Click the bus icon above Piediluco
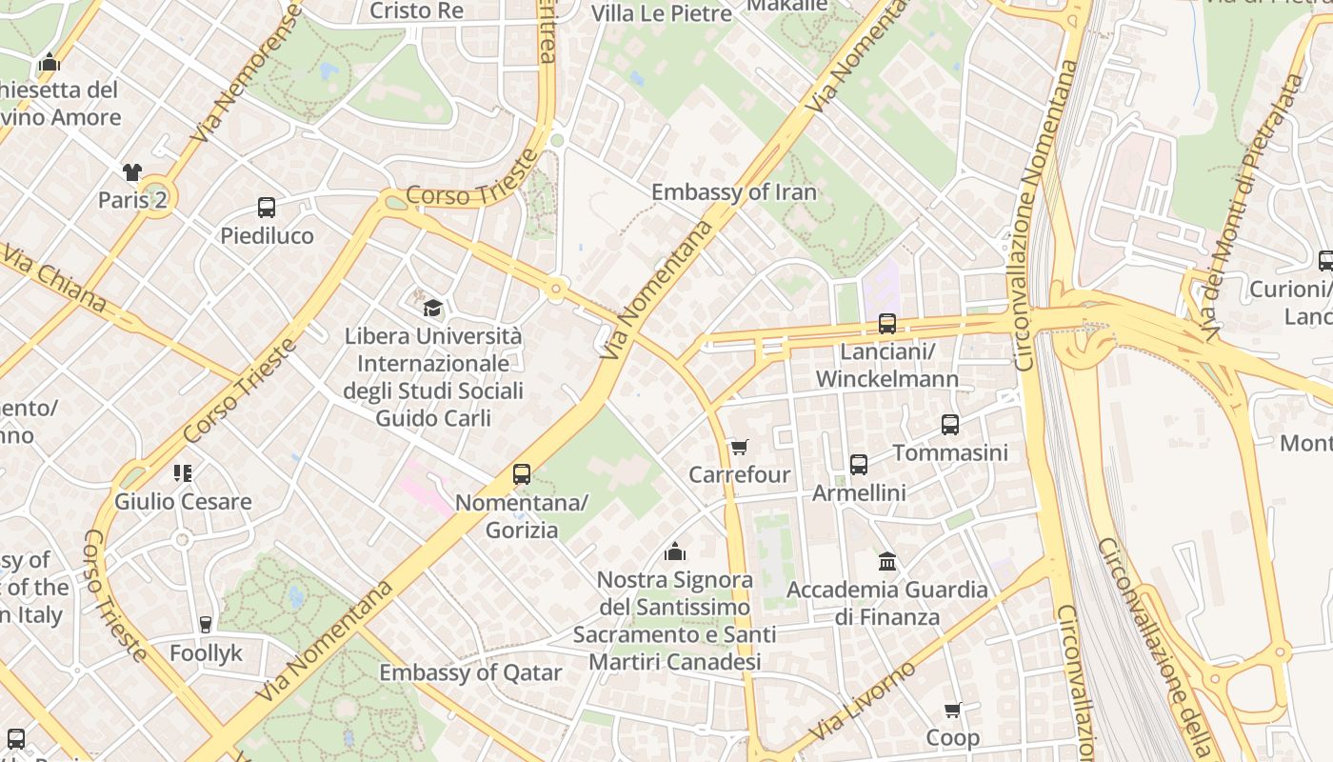coord(267,208)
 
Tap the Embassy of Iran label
coord(733,192)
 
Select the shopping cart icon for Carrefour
coord(739,447)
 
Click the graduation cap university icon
coord(432,308)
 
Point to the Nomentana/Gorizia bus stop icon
coord(522,474)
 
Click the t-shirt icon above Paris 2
coord(131,172)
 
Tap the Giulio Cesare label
coord(183,502)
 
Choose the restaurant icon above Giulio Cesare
coord(183,473)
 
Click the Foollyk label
coord(206,653)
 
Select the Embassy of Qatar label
coord(470,672)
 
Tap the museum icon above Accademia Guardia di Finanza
coord(887,561)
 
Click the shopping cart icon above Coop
coord(952,711)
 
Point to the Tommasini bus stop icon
coord(950,425)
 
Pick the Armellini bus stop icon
coord(859,465)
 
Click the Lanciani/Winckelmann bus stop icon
coord(887,324)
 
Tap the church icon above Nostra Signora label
coord(675,551)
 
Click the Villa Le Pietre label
coord(661,13)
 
